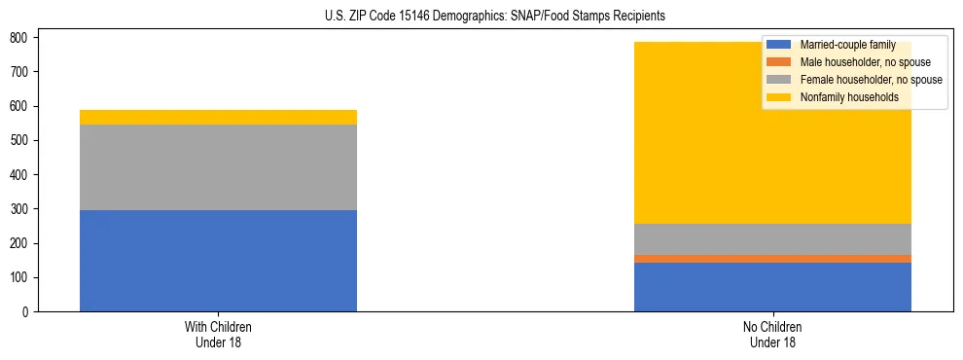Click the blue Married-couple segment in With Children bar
pos(218,260)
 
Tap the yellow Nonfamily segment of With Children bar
pos(218,117)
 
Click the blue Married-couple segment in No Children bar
pos(772,287)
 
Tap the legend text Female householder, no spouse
pos(869,80)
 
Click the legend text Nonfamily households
pos(842,97)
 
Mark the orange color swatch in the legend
pos(780,62)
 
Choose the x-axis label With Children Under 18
pos(218,334)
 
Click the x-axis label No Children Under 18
pos(772,334)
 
